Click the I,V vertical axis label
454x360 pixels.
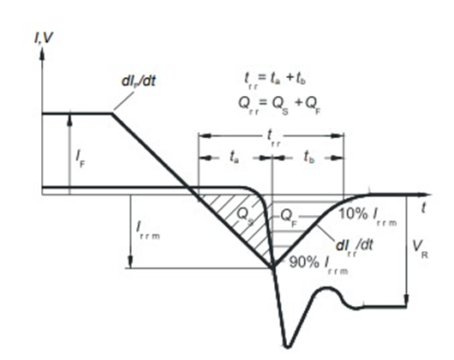44,38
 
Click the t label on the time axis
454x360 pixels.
424,207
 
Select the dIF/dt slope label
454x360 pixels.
139,81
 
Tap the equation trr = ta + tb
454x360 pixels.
275,80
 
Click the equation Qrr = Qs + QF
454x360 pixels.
279,105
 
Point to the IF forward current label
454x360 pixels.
81,159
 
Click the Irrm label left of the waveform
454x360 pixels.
147,230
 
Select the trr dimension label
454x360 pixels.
273,138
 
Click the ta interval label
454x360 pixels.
234,158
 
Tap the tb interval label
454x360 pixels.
309,158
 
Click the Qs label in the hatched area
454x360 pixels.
245,217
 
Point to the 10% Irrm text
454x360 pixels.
367,216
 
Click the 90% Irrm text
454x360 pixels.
319,265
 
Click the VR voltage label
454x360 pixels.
421,249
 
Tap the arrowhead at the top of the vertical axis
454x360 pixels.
42,53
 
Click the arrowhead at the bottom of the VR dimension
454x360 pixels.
407,300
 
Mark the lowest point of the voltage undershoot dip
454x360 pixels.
287,346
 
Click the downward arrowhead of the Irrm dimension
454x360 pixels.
130,262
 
